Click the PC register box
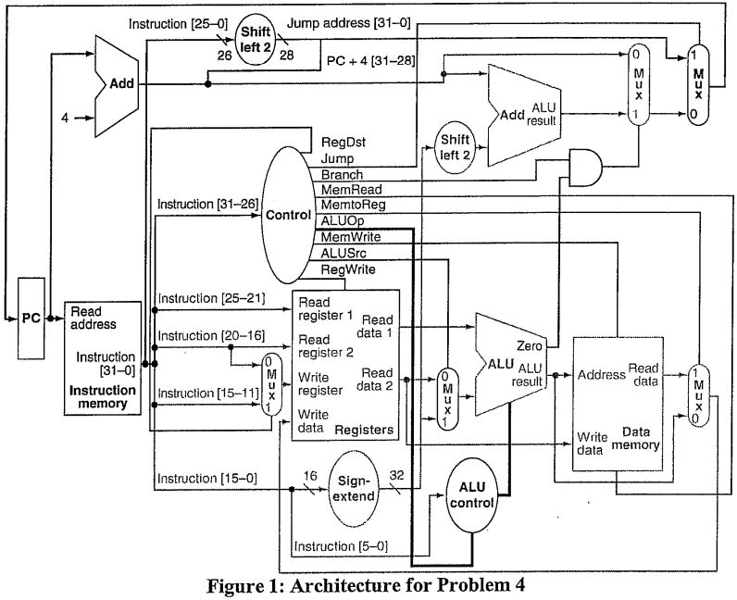[31, 319]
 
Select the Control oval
[288, 215]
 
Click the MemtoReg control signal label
[353, 204]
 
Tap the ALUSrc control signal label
[344, 253]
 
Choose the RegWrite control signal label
[347, 269]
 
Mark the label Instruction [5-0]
[334, 546]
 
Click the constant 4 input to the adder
[64, 118]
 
